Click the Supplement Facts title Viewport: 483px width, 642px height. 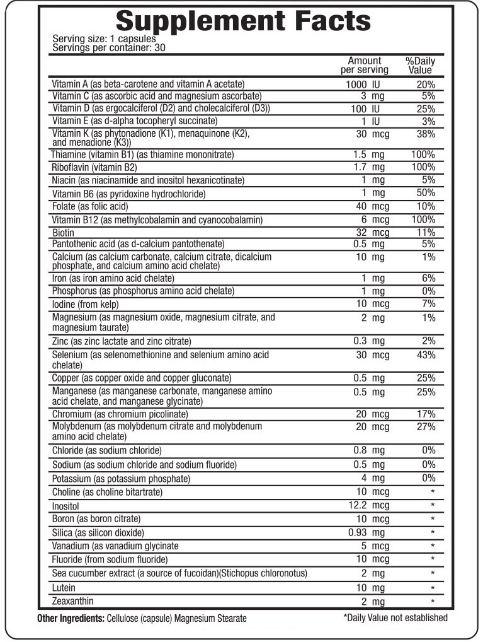(x=244, y=21)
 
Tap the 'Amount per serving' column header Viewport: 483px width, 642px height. (x=364, y=66)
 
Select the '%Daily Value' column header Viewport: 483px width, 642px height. (x=420, y=66)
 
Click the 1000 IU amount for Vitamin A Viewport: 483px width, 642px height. (x=365, y=84)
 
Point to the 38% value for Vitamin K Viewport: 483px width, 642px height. (x=426, y=134)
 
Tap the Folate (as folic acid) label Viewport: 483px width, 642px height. (x=89, y=206)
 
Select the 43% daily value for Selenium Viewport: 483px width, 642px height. (x=426, y=355)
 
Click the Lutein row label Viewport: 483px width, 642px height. (x=64, y=588)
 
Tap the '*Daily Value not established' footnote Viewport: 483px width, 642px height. (x=395, y=618)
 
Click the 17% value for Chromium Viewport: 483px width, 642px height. (x=426, y=414)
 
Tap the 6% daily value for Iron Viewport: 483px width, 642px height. (x=429, y=278)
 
